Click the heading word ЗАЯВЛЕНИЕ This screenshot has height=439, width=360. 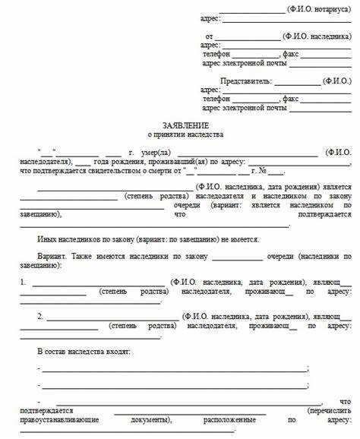click(x=185, y=124)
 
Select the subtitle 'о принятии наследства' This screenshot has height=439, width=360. click(x=185, y=134)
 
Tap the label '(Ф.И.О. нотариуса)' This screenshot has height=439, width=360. click(x=320, y=8)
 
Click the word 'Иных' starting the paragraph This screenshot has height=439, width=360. click(x=47, y=238)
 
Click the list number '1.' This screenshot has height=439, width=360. click(x=24, y=283)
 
